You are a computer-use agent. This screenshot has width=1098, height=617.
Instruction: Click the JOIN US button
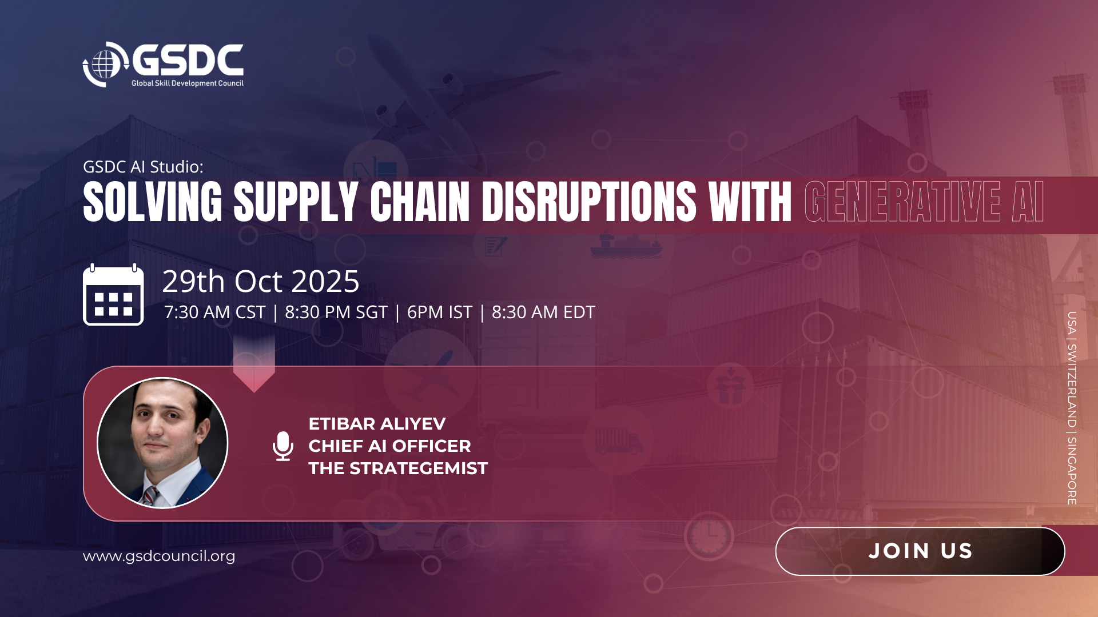(920, 551)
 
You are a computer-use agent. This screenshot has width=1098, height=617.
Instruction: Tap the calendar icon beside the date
(113, 295)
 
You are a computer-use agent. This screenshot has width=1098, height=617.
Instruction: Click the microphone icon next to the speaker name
(283, 446)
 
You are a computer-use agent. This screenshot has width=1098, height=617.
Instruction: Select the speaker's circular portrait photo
(162, 443)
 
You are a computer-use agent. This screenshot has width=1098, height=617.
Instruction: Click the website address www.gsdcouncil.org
(159, 556)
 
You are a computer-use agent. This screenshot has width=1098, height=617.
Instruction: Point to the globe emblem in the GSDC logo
(104, 64)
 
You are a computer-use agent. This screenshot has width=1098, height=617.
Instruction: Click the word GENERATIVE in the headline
(903, 202)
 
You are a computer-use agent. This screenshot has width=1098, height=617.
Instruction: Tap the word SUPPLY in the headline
(296, 202)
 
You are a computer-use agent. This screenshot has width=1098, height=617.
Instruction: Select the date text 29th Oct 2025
(261, 281)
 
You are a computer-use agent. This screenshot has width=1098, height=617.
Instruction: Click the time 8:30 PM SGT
(336, 312)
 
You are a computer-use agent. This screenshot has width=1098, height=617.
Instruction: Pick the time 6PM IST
(440, 312)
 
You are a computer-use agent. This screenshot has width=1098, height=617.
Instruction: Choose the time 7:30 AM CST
(214, 312)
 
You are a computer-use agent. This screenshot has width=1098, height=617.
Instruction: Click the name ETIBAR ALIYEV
(377, 424)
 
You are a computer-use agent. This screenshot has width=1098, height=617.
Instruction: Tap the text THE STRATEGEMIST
(398, 468)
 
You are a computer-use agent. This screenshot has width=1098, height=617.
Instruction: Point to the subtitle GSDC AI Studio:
(143, 167)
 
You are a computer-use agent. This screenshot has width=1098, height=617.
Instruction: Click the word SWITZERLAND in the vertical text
(1072, 386)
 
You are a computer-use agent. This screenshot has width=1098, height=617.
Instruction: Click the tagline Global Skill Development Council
(188, 83)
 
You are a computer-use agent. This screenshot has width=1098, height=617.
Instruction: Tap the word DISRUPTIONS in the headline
(590, 202)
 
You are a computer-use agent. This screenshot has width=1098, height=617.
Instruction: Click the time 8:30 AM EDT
(543, 312)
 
